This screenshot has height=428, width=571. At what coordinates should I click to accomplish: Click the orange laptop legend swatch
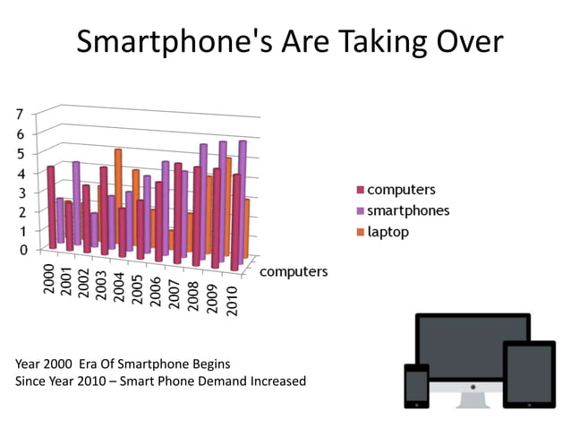361,232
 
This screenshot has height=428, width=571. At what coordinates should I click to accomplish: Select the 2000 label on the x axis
50,278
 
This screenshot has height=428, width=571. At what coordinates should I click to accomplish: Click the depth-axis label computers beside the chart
294,271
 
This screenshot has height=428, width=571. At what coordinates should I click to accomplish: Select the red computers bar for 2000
52,206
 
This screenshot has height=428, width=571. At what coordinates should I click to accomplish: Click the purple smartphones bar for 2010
242,197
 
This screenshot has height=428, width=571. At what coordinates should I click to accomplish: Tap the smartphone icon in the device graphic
417,386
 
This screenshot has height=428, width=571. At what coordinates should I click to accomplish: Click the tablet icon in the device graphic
529,374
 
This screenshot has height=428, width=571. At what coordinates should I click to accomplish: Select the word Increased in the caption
274,381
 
